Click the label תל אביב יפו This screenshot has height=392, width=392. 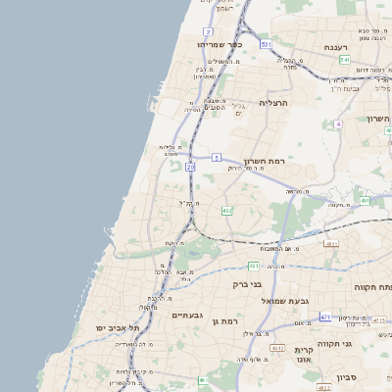pos(118,326)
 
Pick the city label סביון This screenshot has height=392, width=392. pos(351,376)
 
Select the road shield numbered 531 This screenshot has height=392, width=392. pos(266,44)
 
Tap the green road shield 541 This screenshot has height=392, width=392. pos(345,61)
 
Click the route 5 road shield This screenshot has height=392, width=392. pos(216,156)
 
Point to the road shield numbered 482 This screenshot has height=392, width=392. pos(227,210)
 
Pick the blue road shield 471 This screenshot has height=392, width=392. pos(325,318)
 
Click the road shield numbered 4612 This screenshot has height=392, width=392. pos(277,347)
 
